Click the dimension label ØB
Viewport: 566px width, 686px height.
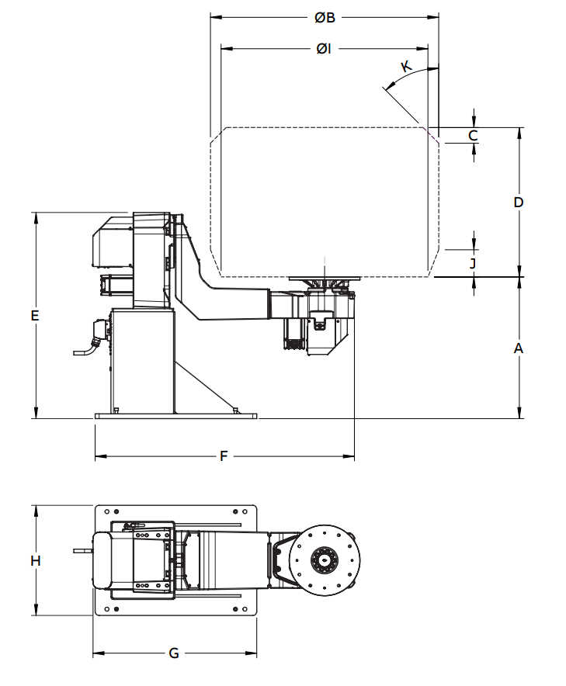[x=325, y=17]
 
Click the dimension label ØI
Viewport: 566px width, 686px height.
[x=325, y=49]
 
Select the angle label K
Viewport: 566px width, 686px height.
[x=405, y=68]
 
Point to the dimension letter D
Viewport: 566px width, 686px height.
[x=519, y=202]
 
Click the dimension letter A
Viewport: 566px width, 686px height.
[x=519, y=348]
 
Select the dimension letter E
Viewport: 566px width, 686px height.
[x=35, y=316]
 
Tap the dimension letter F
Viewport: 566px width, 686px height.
[x=224, y=456]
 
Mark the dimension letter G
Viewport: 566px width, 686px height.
[x=174, y=653]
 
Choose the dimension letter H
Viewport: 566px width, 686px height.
[x=35, y=560]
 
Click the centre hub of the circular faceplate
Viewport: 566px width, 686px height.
[x=321, y=560]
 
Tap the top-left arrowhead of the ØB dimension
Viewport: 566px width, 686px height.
[x=214, y=16]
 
